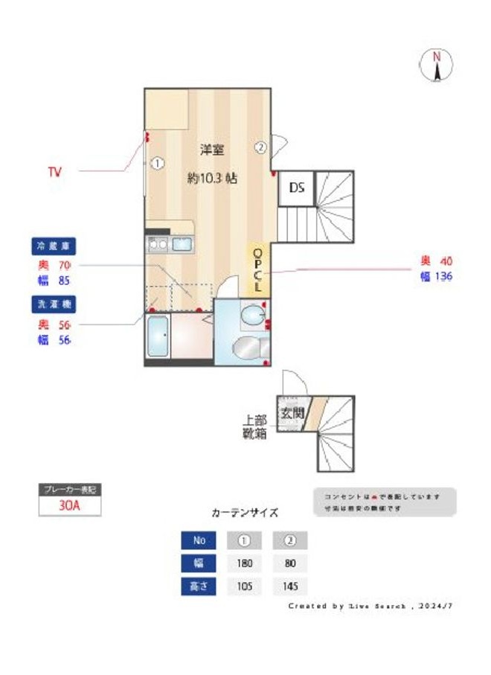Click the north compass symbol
pyautogui.click(x=437, y=65)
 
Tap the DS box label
pyautogui.click(x=296, y=187)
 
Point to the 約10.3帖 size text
pyautogui.click(x=212, y=179)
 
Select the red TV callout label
pyautogui.click(x=54, y=172)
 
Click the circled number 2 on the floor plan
pyautogui.click(x=260, y=147)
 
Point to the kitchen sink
pyautogui.click(x=182, y=243)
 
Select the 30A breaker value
pyautogui.click(x=69, y=505)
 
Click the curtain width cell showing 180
pyautogui.click(x=245, y=563)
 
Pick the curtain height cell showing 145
pyautogui.click(x=289, y=586)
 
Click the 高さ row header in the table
pyautogui.click(x=199, y=586)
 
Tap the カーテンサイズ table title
pyautogui.click(x=245, y=513)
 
